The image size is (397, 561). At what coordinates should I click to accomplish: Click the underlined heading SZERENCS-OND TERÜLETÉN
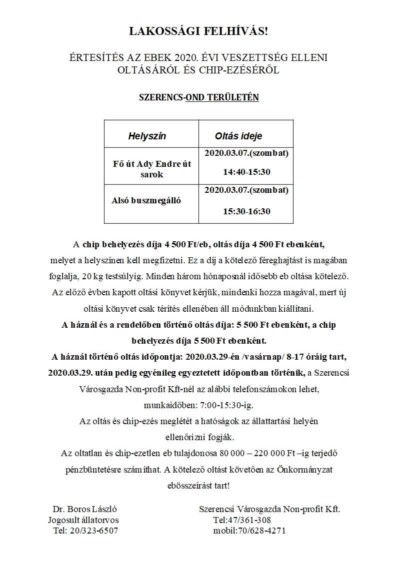click(x=198, y=97)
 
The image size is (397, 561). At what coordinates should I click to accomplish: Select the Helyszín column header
click(x=147, y=136)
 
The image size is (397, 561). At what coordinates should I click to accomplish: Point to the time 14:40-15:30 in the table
click(x=246, y=172)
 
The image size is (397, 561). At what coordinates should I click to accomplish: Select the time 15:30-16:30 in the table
click(x=246, y=211)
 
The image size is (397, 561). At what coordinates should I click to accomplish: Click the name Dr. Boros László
click(x=85, y=510)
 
